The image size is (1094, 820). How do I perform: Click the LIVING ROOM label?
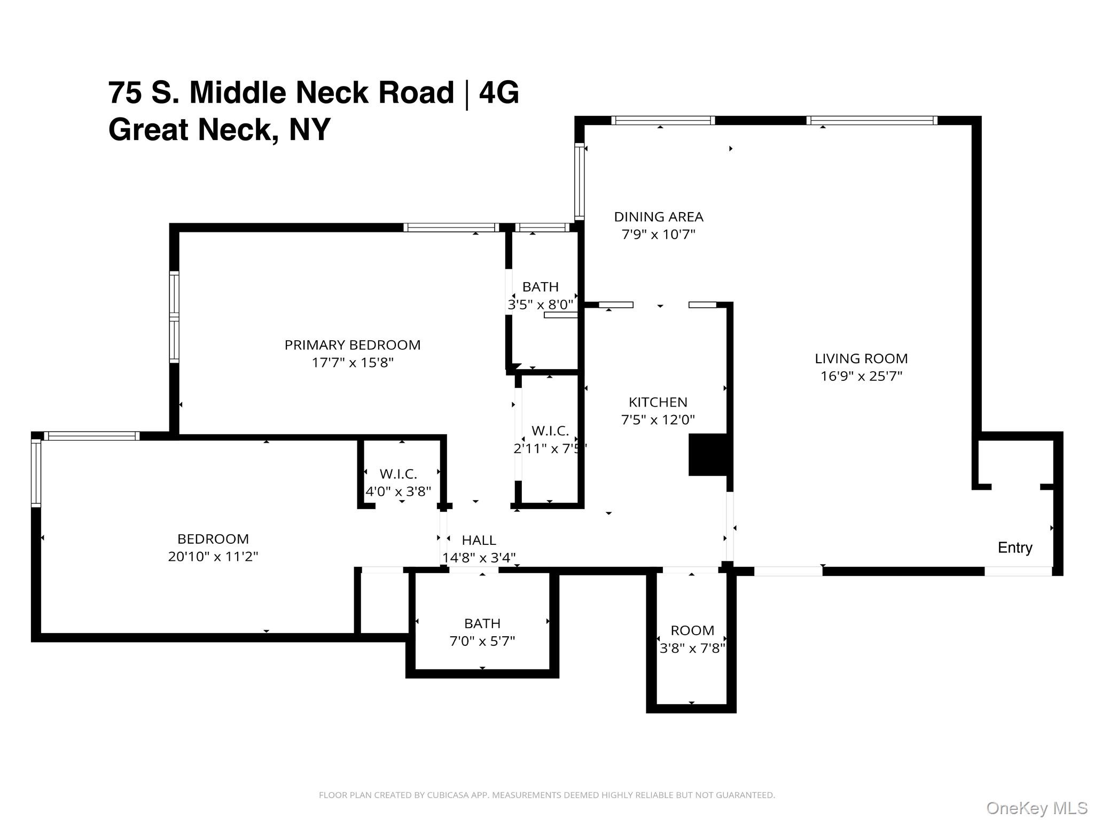pos(861,358)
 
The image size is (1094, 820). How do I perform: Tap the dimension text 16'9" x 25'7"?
pos(861,376)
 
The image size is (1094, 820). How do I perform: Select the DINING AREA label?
pos(658,217)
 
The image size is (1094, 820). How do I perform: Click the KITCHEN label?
pos(658,402)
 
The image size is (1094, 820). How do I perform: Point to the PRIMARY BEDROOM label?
pos(352,345)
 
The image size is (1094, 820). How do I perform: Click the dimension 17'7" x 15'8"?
pos(352,363)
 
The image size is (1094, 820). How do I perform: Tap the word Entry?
pos(1015,548)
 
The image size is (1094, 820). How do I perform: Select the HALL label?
pos(479,540)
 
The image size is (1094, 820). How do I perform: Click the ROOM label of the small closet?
pos(692,630)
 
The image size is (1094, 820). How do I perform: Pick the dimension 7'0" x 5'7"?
pos(482,641)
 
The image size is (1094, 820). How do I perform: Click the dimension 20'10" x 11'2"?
pos(213,557)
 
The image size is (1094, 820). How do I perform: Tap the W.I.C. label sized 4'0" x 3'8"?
pos(398,474)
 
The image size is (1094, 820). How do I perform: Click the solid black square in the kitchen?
pos(707,455)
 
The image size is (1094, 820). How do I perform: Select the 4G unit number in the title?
pos(498,92)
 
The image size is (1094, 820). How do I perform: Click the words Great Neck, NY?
pos(219,129)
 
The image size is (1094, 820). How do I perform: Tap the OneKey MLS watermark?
pos(1036,808)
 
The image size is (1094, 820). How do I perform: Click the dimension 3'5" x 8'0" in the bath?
pos(540,304)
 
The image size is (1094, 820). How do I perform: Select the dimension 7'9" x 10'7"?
pos(658,235)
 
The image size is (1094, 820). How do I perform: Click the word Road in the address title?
pos(416,92)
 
